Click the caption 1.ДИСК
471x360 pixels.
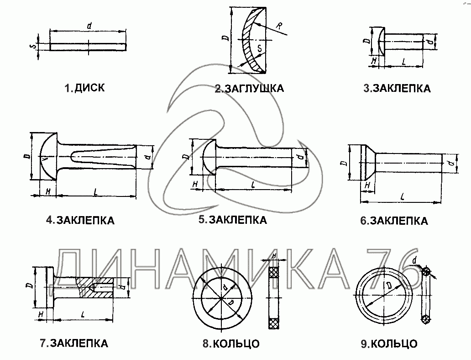tap(84, 88)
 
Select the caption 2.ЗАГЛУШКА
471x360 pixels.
tap(249, 88)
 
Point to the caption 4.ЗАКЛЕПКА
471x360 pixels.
tap(80, 220)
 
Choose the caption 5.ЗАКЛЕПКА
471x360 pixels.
tap(232, 220)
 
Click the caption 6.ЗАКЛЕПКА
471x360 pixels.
tap(394, 221)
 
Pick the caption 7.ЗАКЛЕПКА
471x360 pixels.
tap(74, 343)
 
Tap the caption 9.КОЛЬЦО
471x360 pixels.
tap(389, 344)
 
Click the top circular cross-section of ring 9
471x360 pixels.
tap(425, 271)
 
